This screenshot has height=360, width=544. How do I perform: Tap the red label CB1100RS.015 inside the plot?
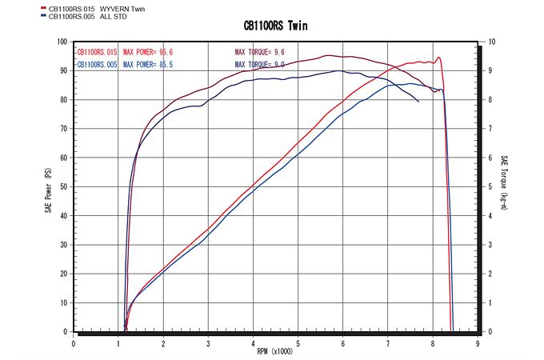(x=96, y=52)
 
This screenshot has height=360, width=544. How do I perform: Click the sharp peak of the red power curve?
(x=438, y=57)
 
